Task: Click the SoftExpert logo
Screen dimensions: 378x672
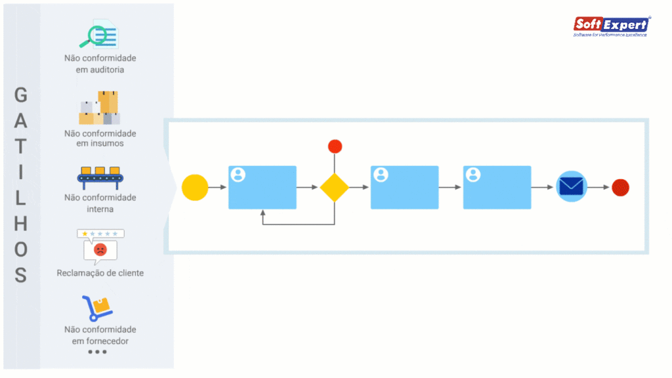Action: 612,26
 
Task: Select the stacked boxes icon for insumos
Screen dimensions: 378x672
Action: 100,108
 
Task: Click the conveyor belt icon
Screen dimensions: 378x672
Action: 100,175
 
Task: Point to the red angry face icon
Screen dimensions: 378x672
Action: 100,249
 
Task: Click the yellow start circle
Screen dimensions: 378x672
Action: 195,188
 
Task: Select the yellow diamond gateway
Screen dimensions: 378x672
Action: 335,188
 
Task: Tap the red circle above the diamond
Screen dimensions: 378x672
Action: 335,146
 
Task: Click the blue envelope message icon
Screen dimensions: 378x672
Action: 572,187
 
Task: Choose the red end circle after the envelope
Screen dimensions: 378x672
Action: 620,188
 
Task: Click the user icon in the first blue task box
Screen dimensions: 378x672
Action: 238,175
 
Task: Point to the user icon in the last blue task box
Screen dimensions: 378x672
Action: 472,175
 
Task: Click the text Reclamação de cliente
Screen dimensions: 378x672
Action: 100,273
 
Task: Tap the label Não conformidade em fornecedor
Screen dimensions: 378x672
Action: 100,335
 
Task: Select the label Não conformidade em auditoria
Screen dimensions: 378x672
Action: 100,64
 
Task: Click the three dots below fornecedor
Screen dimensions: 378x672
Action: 97,352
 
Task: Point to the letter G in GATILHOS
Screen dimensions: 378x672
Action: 21,96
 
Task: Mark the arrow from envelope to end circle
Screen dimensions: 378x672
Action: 598,188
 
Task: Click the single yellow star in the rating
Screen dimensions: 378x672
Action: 84,234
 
